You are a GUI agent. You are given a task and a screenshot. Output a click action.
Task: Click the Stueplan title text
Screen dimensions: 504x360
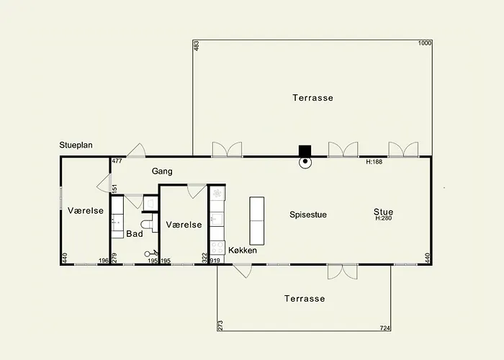point(76,145)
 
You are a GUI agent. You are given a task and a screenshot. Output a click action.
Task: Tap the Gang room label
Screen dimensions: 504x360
point(162,171)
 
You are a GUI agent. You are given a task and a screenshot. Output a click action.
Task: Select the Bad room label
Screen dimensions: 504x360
point(135,234)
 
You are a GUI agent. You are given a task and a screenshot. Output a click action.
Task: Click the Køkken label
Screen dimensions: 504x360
point(243,250)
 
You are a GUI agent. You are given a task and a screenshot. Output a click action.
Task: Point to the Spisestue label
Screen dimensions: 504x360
point(308,215)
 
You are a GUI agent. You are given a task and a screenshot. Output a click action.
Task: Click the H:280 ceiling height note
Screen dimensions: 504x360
point(383,218)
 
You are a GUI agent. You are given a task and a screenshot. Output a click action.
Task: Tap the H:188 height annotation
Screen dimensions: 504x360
point(374,162)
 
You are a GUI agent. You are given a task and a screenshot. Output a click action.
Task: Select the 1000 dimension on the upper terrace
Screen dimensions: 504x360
point(425,43)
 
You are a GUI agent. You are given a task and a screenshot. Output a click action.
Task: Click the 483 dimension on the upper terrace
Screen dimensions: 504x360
point(197,45)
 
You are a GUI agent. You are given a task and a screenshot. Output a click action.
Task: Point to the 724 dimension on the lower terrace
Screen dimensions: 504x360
point(384,328)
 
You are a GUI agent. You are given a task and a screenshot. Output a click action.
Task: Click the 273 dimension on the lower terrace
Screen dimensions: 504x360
point(220,325)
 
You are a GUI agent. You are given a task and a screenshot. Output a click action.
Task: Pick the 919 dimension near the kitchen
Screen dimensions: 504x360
point(215,261)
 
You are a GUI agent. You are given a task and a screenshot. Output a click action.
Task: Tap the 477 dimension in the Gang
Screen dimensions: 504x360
point(117,161)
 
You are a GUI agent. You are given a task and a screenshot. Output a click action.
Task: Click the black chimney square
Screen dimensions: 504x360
point(305,151)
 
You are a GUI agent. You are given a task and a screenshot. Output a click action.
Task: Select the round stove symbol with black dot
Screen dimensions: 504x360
point(305,162)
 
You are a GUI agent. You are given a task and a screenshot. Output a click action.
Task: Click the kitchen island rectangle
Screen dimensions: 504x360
point(257,221)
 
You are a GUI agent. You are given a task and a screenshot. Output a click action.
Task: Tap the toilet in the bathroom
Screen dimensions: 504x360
point(147,224)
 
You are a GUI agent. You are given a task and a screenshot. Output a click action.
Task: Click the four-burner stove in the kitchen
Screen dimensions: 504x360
point(217,248)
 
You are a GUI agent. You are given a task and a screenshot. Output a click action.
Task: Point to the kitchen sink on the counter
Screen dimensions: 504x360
point(217,219)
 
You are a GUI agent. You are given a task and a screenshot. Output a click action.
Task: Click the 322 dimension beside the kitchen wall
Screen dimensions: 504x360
point(204,258)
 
